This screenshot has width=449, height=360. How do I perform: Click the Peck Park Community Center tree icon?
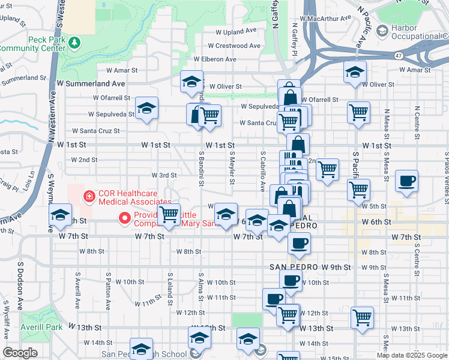(74, 43)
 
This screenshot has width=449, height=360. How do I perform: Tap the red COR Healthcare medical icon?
(89, 196)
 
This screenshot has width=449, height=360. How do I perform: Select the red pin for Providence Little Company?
(125, 217)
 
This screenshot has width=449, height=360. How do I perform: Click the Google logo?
(20, 353)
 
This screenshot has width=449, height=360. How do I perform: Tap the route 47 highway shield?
(399, 55)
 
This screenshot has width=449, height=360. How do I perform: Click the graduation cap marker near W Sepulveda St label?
(146, 109)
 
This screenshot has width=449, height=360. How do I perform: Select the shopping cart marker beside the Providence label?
(169, 214)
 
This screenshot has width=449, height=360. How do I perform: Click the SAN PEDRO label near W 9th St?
(293, 266)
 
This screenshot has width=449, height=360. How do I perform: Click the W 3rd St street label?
(163, 175)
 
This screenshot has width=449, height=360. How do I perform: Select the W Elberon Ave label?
(214, 59)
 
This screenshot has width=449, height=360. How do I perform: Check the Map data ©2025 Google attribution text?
(412, 355)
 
